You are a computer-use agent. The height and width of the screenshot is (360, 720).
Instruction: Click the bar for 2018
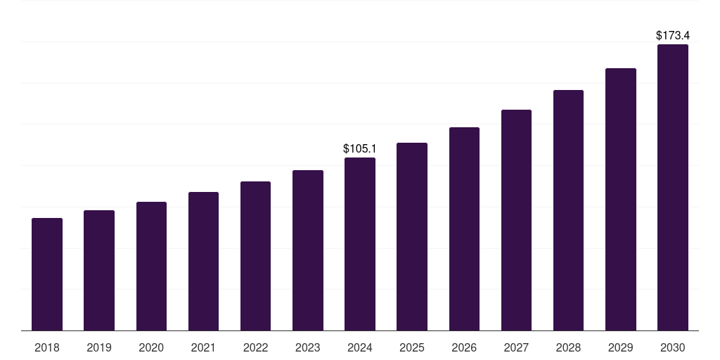(47, 274)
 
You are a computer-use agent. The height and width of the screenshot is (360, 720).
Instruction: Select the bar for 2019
(99, 271)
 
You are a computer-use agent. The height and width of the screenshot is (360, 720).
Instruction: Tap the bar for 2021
(203, 262)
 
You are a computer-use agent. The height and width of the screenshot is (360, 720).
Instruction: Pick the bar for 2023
(308, 250)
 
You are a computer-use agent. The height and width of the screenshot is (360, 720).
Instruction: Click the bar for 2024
(360, 244)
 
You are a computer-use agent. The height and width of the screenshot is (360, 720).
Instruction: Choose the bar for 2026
(464, 229)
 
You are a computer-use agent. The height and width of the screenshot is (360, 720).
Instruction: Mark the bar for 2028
(568, 210)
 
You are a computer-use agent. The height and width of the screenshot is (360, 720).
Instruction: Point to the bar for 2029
(620, 200)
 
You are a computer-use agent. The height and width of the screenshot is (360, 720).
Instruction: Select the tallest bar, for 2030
(673, 188)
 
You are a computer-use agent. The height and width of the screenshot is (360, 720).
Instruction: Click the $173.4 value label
(673, 35)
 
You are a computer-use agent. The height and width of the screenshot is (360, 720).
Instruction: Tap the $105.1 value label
(360, 148)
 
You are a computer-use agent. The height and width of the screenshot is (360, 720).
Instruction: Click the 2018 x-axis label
(47, 347)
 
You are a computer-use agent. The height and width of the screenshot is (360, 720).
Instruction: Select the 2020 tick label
(151, 347)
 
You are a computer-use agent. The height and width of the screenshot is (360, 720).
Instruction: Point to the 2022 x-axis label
(255, 347)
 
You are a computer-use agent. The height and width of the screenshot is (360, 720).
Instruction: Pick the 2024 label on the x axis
(360, 347)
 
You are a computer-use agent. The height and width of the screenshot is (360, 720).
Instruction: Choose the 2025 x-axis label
(412, 347)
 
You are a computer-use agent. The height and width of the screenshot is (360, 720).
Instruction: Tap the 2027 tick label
(516, 347)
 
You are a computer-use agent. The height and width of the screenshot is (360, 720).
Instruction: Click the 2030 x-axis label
(673, 347)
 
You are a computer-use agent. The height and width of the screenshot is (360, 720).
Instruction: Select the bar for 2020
(151, 266)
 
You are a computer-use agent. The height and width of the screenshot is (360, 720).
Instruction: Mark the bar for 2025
(412, 237)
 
